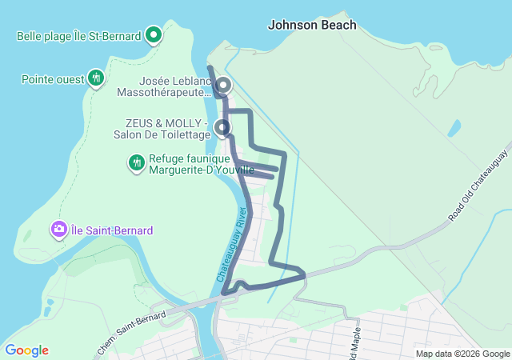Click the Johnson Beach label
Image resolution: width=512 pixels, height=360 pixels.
[312, 25]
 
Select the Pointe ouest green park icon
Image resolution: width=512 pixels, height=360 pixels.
[96, 78]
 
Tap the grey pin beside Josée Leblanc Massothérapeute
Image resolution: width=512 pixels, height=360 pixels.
[223, 85]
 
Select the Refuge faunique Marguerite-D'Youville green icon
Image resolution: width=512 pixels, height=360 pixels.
[137, 163]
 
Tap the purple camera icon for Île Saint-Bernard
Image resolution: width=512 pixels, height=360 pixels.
[58, 230]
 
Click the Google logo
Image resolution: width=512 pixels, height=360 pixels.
[26, 350]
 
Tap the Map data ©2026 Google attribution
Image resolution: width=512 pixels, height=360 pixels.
[462, 354]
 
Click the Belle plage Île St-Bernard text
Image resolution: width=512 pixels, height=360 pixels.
[79, 35]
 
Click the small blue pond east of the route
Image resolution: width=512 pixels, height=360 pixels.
[454, 128]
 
